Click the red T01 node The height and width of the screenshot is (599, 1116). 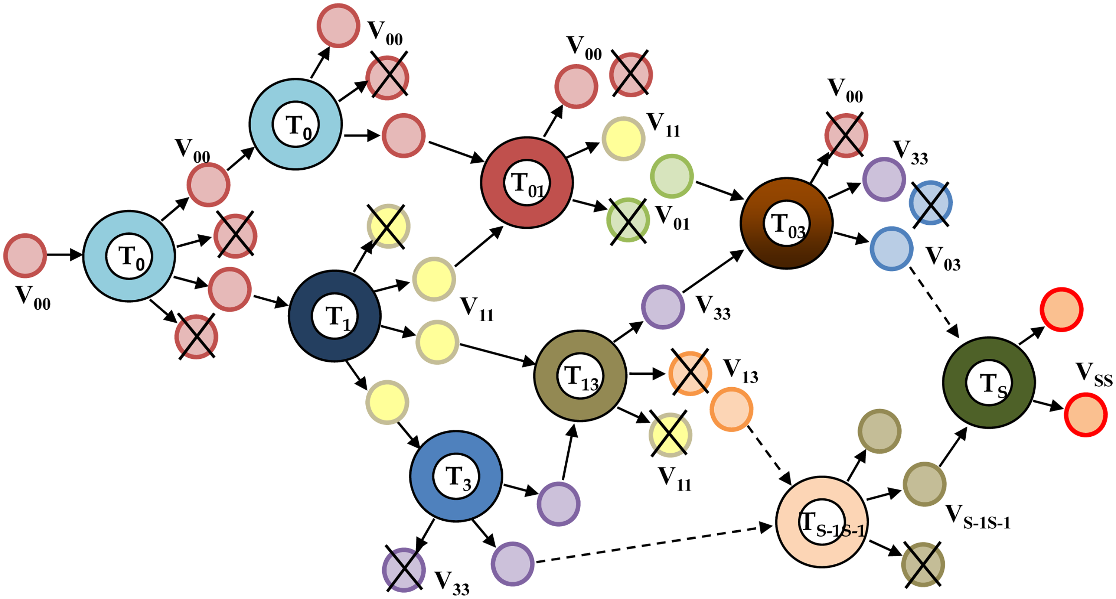coord(527,182)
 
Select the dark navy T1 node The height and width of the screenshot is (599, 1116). coord(335,316)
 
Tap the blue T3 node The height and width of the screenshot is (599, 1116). coord(456,476)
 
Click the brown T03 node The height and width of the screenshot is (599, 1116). coord(786,223)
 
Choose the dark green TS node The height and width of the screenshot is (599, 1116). coord(989,382)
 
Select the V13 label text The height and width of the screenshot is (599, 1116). coord(740,371)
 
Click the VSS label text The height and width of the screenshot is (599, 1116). coord(1093,375)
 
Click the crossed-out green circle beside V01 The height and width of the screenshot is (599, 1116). coord(628,220)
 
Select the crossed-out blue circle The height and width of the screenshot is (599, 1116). coord(930,203)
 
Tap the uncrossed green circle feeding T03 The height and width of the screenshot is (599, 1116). coord(672,176)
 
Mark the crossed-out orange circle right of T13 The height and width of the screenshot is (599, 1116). coord(690,373)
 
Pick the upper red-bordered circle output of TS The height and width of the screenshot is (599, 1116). coord(1061,309)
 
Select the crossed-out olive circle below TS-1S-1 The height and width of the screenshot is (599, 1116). coord(923,564)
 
